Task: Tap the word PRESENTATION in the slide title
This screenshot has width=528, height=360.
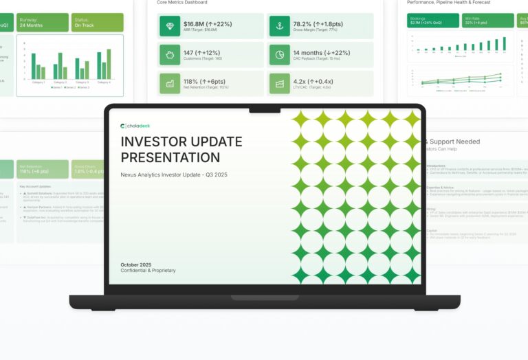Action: click(x=170, y=157)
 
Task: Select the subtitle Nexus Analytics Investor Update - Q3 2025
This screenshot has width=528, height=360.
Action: click(x=173, y=175)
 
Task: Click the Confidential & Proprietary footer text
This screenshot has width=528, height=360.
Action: click(x=148, y=271)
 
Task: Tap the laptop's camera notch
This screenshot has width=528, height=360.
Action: click(x=264, y=109)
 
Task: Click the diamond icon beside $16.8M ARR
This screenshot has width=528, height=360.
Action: click(x=169, y=26)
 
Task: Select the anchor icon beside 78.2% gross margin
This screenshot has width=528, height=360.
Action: click(x=279, y=26)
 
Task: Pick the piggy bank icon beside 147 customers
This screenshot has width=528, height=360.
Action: click(x=169, y=55)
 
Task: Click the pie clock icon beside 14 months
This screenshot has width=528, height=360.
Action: click(x=279, y=55)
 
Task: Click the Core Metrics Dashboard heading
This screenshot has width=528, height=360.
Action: click(x=182, y=3)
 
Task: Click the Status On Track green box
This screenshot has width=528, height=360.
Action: click(x=98, y=23)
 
